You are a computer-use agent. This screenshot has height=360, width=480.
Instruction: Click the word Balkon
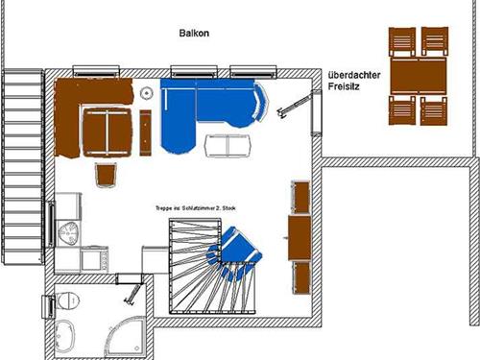tap(193, 34)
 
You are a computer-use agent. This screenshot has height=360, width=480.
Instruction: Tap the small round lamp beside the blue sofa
tap(147, 92)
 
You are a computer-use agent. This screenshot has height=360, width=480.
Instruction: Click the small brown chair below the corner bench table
tap(107, 175)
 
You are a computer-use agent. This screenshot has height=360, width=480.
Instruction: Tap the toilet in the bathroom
tap(64, 301)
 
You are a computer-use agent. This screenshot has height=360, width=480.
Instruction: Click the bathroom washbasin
tap(67, 335)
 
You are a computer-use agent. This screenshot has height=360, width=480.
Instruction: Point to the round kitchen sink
tap(70, 231)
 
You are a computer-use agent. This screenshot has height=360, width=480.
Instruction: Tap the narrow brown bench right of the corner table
tap(146, 132)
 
